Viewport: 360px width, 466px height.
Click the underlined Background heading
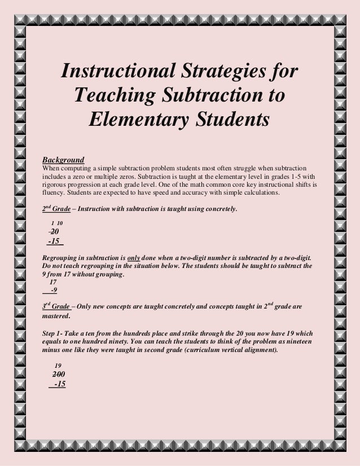pyautogui.click(x=64, y=160)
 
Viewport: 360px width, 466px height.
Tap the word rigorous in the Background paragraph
pyautogui.click(x=56, y=184)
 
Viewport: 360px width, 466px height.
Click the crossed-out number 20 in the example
pyautogui.click(x=54, y=231)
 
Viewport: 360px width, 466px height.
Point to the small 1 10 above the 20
pyautogui.click(x=57, y=223)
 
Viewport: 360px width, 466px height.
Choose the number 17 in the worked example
pyautogui.click(x=54, y=282)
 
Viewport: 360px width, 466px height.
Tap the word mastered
pyautogui.click(x=56, y=316)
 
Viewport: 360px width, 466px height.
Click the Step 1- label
pyautogui.click(x=55, y=333)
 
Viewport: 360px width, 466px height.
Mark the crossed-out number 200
pyautogui.click(x=58, y=375)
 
